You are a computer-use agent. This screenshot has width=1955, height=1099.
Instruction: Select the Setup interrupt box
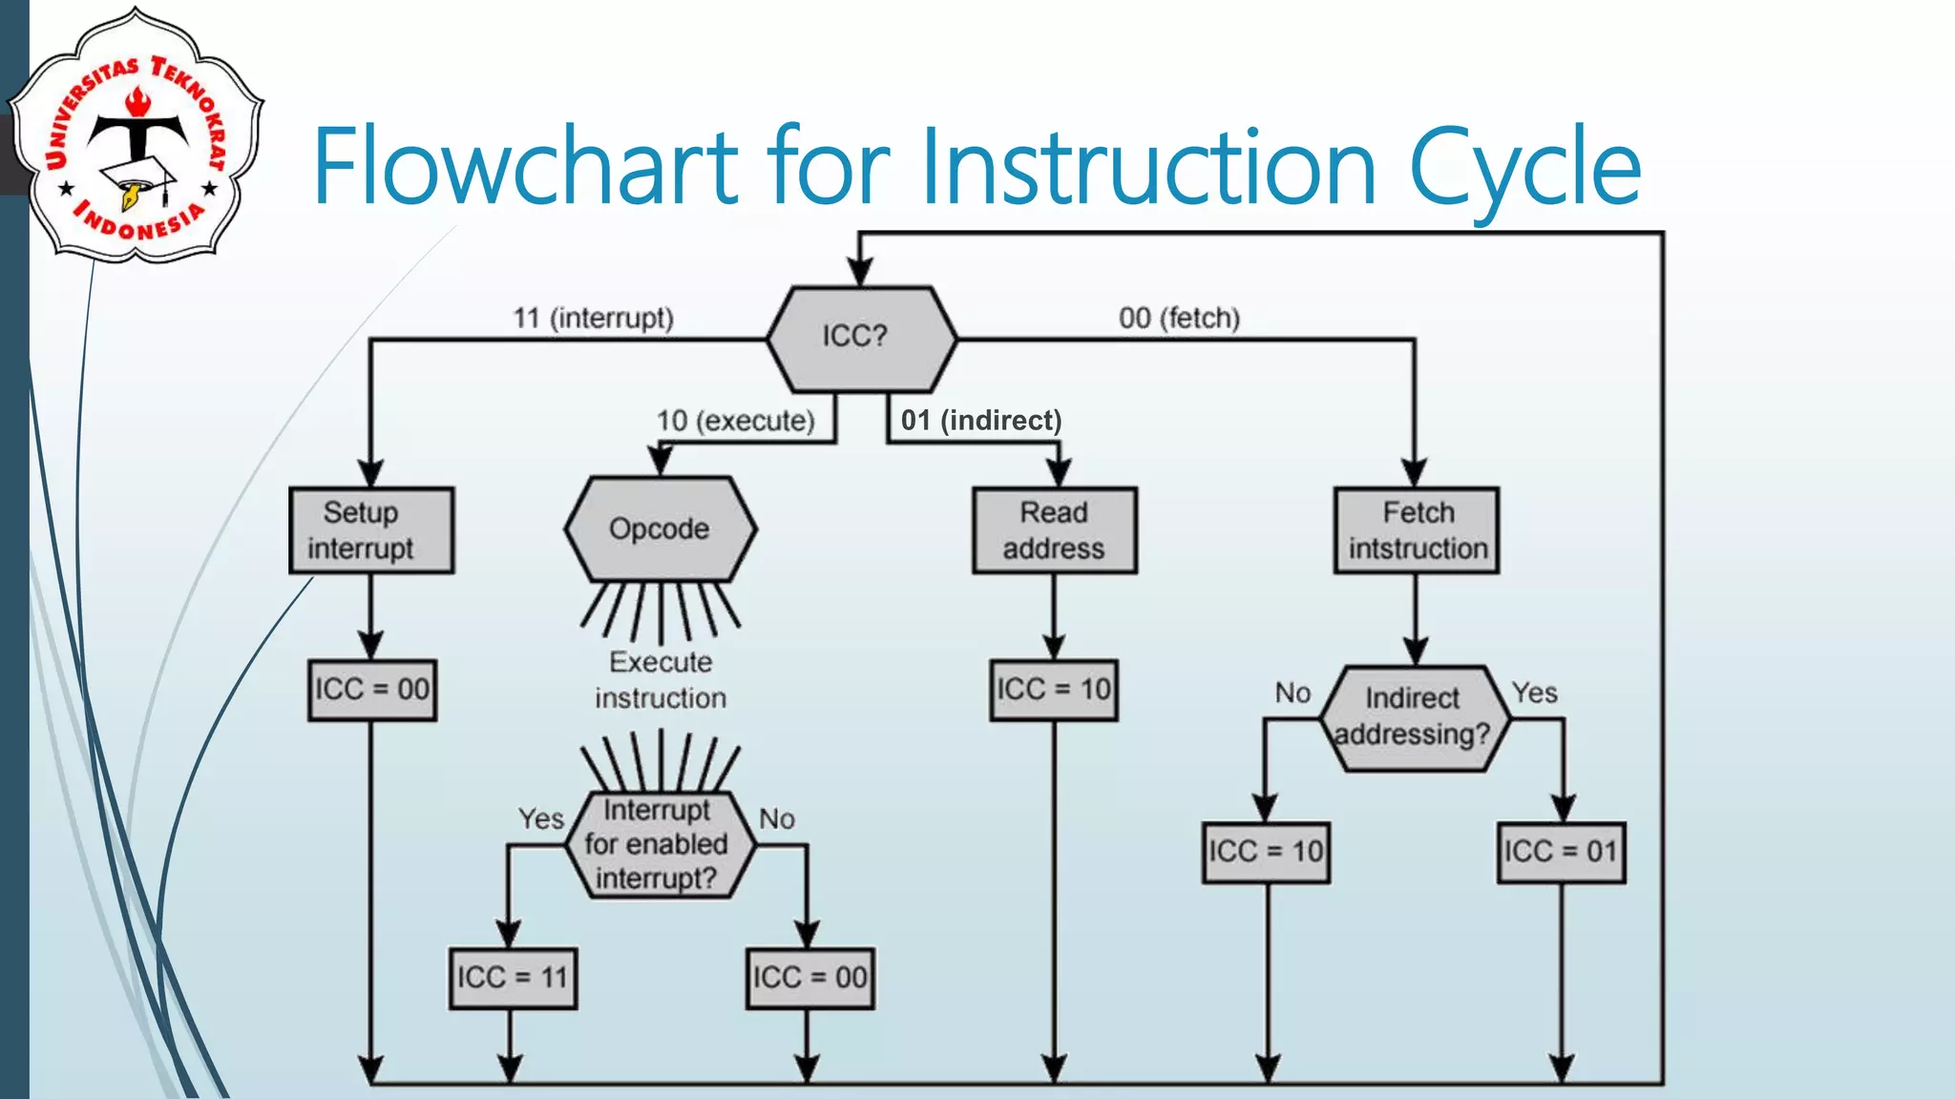point(371,530)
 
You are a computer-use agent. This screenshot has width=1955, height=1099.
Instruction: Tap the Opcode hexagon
point(660,529)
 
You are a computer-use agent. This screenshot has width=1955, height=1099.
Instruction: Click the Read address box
point(1054,530)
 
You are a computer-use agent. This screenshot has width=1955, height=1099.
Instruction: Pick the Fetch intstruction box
point(1417,530)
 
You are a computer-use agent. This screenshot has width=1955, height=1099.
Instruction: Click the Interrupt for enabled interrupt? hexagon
point(657,844)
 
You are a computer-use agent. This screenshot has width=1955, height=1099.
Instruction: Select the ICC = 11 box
point(513,978)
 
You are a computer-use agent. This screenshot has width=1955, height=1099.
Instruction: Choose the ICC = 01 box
point(1561,851)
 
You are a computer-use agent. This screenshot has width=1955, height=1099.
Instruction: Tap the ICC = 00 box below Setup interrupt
point(372,690)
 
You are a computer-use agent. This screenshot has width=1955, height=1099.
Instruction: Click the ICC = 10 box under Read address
point(1054,690)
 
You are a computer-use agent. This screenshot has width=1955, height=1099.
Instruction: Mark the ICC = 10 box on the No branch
point(1266,851)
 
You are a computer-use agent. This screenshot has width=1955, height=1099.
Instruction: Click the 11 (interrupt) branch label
point(593,318)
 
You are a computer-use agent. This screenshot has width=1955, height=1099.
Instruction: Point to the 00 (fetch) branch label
point(1179,318)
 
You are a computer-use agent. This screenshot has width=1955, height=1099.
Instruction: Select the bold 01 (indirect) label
point(980,420)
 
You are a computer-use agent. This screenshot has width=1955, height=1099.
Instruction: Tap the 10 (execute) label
point(735,421)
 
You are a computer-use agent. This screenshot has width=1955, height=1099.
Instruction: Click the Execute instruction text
point(661,679)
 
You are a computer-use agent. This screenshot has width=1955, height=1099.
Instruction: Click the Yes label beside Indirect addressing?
point(1534,693)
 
